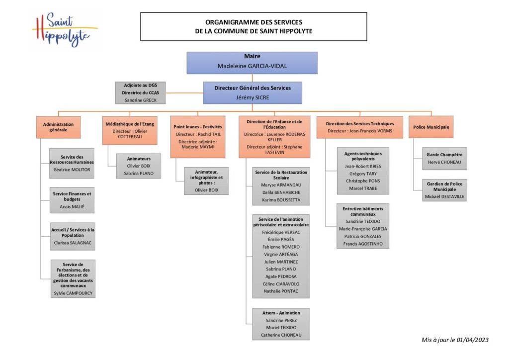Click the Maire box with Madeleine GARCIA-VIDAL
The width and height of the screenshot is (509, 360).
(252, 63)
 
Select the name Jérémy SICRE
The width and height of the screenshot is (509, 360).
(252, 97)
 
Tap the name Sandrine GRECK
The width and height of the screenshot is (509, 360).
(140, 99)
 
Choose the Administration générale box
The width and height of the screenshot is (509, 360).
(58, 127)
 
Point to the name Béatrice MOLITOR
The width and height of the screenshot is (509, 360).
(72, 169)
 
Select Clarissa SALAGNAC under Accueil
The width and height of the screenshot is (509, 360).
(73, 243)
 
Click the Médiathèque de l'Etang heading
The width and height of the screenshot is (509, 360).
(130, 123)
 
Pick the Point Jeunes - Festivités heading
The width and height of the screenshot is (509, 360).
(198, 127)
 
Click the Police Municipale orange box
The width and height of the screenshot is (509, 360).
(431, 127)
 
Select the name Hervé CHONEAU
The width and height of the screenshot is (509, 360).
(444, 162)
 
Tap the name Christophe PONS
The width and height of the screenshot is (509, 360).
(363, 181)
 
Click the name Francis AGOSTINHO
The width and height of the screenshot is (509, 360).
(363, 244)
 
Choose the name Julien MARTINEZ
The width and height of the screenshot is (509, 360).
(281, 262)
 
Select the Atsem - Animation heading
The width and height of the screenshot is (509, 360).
(281, 313)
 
